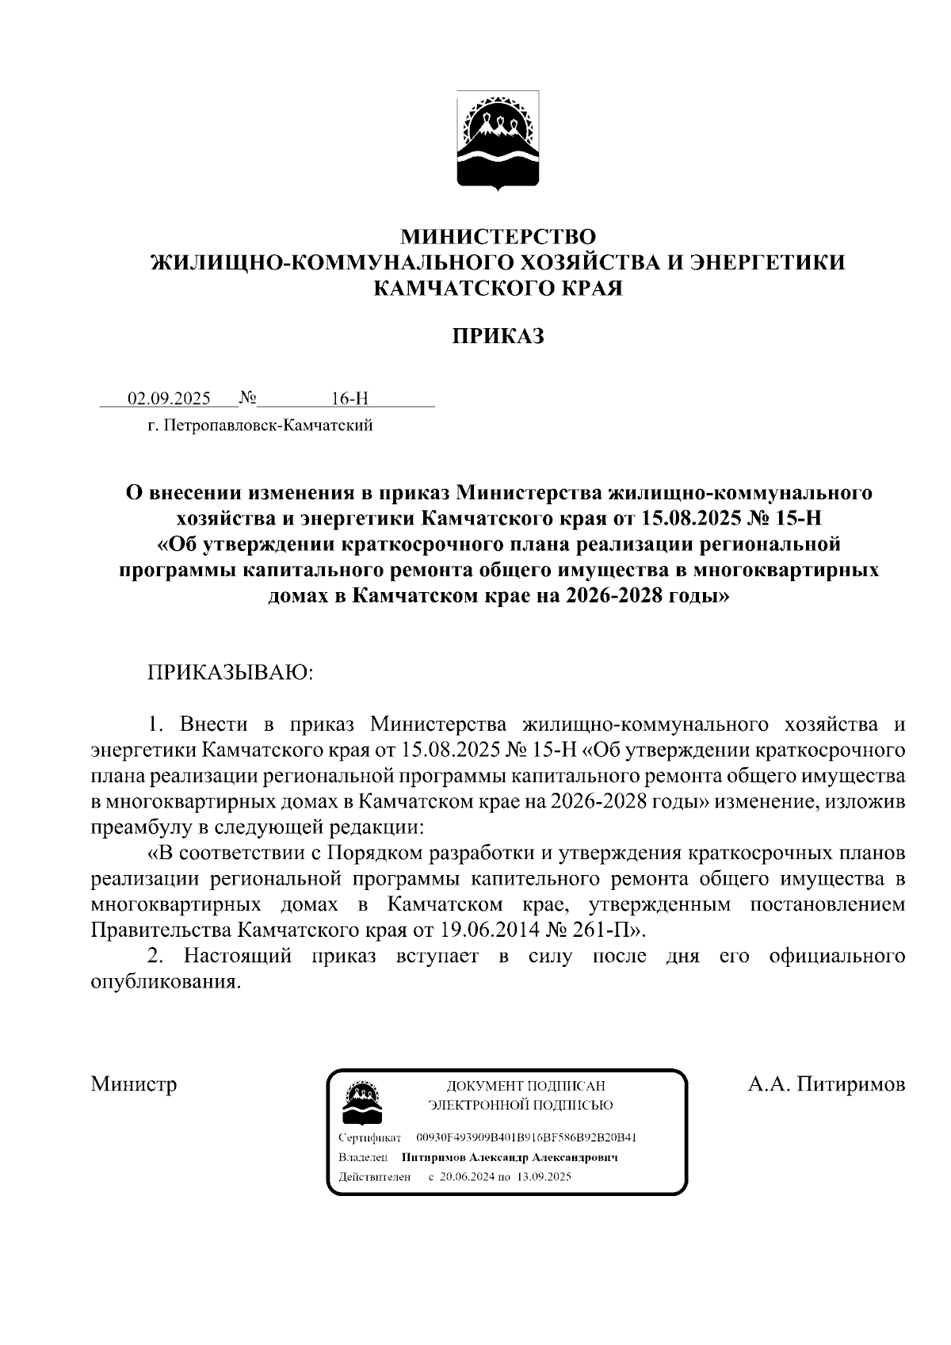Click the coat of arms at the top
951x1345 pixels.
click(498, 141)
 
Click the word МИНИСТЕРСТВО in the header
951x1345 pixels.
click(498, 236)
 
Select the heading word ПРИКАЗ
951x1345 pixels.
click(498, 336)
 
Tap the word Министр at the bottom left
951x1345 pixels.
click(133, 1083)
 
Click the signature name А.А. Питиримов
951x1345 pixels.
click(827, 1083)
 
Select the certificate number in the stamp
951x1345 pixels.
click(526, 1138)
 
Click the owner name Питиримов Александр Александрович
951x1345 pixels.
click(510, 1157)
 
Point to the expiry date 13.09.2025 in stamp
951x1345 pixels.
click(544, 1177)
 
